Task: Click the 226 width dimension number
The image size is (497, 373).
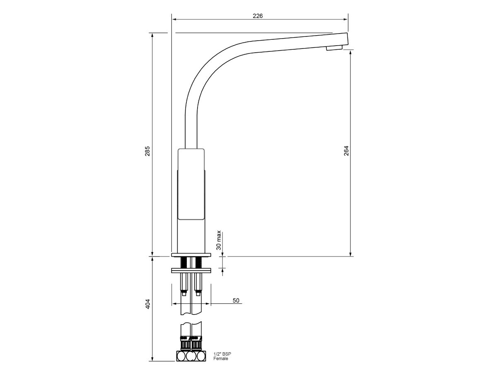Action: [258, 16]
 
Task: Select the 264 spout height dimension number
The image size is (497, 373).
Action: [346, 150]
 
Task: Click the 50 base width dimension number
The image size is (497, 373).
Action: [236, 300]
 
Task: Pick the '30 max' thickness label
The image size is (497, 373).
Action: [219, 240]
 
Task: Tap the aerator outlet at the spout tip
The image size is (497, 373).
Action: [334, 48]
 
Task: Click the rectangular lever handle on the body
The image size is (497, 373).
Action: [191, 184]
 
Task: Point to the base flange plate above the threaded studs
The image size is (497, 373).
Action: [191, 254]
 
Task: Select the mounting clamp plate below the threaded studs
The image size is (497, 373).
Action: [191, 271]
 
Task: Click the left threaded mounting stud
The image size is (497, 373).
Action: [183, 262]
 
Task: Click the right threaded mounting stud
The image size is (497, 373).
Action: [198, 262]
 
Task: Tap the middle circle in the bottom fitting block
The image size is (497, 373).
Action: [191, 356]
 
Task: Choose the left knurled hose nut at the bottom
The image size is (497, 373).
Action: [184, 344]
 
